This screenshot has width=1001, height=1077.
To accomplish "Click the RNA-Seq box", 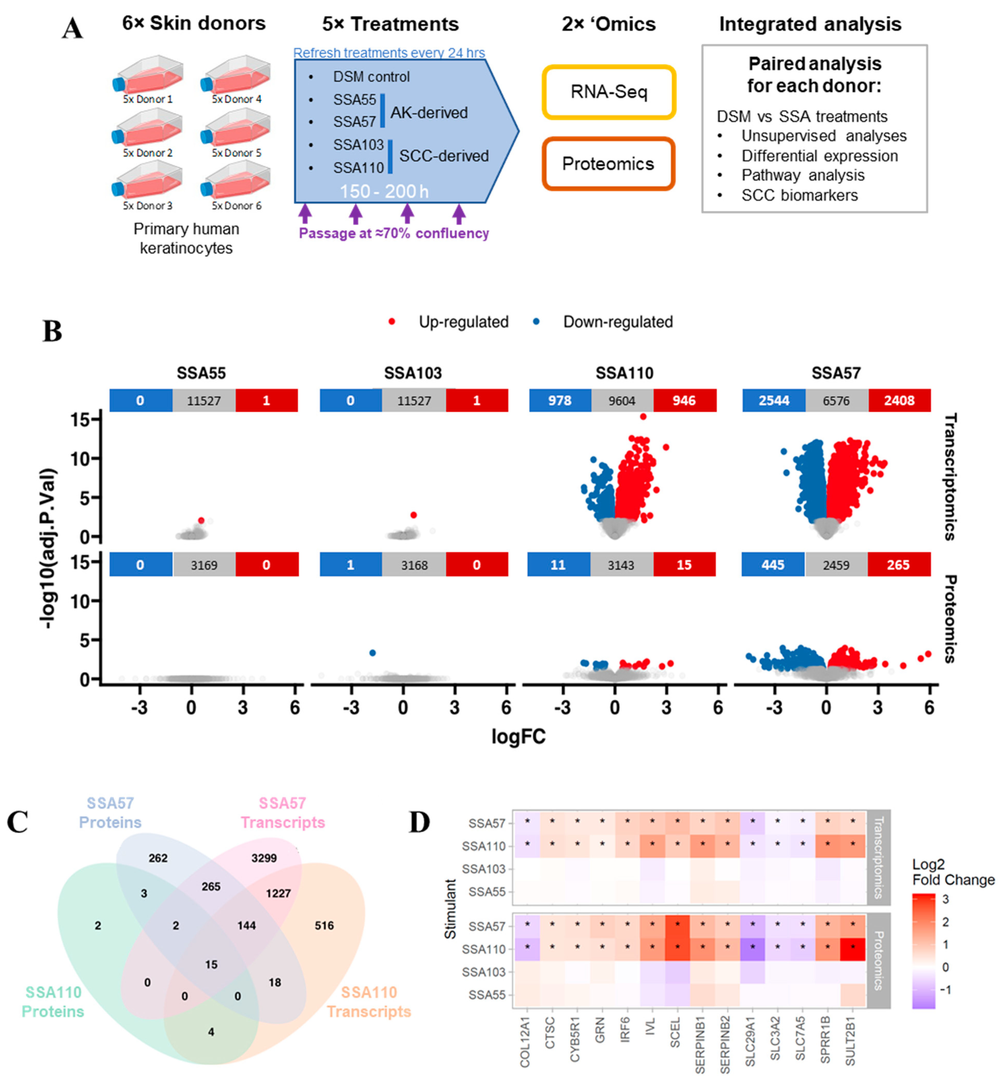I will (x=609, y=92).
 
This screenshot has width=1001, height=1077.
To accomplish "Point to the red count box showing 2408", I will (x=899, y=401).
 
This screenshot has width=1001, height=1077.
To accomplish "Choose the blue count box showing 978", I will (x=560, y=401).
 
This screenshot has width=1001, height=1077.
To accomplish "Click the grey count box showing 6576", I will (x=836, y=401).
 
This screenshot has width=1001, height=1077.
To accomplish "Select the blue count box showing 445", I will (x=773, y=565).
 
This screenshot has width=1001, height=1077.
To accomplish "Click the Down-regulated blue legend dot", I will (x=536, y=322).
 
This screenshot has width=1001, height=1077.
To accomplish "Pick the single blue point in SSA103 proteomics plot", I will (x=373, y=653).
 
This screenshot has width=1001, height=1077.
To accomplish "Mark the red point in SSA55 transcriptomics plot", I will (x=201, y=520).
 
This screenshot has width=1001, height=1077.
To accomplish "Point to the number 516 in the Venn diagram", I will (x=324, y=925).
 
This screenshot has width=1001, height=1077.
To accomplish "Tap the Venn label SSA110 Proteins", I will (x=53, y=1002).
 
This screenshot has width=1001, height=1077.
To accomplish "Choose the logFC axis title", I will (x=518, y=737).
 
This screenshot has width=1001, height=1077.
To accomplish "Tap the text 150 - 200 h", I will (x=384, y=191).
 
